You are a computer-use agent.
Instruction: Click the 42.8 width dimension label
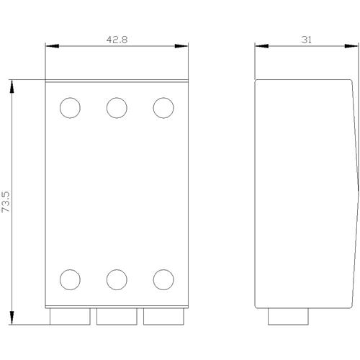(x=117, y=40)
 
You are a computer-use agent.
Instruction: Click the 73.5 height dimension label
(x=6, y=202)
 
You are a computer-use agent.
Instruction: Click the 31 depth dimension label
(x=307, y=40)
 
